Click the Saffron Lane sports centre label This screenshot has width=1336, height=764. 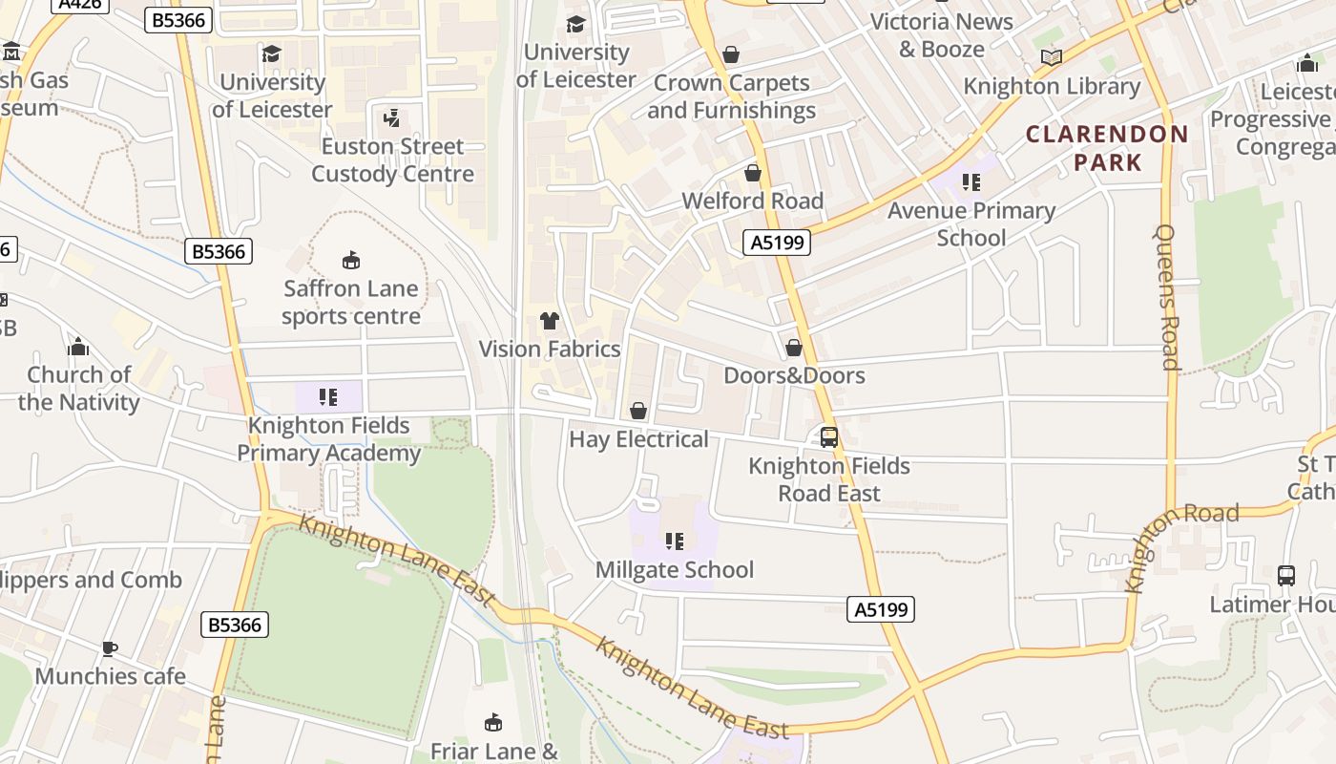coord(350,302)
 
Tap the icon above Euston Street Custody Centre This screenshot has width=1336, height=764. coord(390,118)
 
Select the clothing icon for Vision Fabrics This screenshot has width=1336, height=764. coord(550,321)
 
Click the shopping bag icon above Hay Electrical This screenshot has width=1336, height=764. coord(638,411)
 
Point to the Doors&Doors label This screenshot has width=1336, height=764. coord(794,375)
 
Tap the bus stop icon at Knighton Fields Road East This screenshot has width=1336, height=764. coord(829,437)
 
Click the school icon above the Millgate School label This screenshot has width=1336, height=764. coord(675,541)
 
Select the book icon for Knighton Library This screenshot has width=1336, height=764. coord(1051,57)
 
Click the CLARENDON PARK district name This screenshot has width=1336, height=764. coord(1107,148)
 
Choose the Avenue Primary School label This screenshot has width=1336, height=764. coord(971,223)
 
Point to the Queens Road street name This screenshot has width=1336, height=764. coord(1166,296)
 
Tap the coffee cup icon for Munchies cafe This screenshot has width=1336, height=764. coord(110,648)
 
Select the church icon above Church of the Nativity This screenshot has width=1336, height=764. coord(78,346)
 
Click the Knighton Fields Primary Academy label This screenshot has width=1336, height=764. coord(328,438)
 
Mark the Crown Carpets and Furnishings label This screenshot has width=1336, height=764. coord(731,96)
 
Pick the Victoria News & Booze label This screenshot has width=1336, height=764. coord(941,34)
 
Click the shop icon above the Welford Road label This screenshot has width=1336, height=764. coord(753,173)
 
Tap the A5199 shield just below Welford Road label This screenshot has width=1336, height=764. coord(777,243)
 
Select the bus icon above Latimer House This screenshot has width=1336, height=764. coord(1286,576)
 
